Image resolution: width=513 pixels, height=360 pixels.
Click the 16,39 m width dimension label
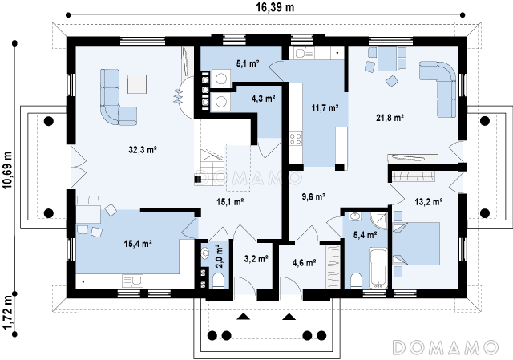275,7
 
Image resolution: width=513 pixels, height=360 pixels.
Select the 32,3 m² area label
143,150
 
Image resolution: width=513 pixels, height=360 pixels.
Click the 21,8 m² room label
390,118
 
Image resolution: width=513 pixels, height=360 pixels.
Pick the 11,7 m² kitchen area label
325,107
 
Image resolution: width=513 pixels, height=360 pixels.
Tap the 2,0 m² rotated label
219,257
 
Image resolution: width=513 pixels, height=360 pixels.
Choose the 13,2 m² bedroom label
429,202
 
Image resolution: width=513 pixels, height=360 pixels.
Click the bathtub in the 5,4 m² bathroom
378,268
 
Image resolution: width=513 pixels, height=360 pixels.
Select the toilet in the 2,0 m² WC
218,281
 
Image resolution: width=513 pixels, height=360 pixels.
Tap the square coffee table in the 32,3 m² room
137,84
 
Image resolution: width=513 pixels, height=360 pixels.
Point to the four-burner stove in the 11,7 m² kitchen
295,139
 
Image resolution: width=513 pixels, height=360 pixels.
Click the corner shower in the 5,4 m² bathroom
379,220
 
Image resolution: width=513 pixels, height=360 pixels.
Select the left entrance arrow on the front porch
243,317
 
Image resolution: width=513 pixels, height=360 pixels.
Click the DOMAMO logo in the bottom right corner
445,347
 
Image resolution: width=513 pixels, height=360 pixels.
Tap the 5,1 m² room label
248,63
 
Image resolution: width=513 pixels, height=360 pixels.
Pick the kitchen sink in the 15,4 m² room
132,281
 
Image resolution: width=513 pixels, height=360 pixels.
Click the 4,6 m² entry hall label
304,262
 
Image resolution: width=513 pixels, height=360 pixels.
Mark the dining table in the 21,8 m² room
387,59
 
